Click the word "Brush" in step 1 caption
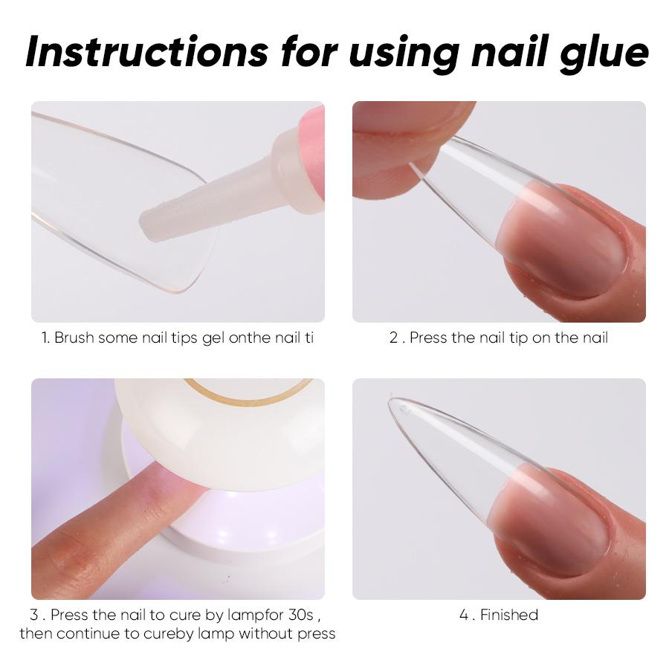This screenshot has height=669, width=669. point(76,338)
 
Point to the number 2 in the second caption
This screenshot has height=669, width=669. point(393,338)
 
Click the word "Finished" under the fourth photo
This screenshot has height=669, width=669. point(509,615)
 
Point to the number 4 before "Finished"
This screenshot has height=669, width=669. point(464,615)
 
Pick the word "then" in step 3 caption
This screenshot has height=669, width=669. point(36,634)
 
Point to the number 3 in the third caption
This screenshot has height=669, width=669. point(34,615)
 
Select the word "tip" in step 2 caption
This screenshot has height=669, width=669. point(517,338)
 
